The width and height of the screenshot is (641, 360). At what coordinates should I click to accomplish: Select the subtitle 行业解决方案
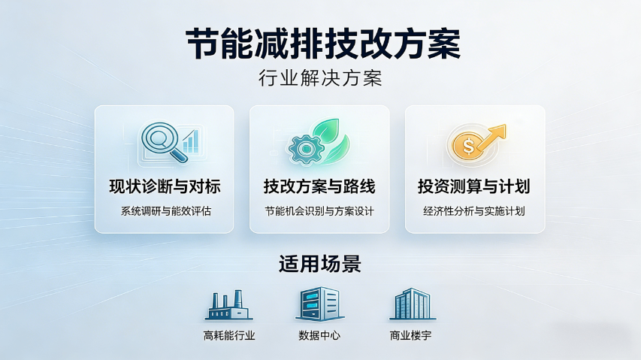pos(320,78)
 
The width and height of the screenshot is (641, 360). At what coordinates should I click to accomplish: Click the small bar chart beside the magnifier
pos(190,141)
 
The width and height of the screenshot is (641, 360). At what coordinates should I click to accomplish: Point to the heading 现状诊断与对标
pos(165,186)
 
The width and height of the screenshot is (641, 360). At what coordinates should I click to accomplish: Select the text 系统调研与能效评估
pos(165,210)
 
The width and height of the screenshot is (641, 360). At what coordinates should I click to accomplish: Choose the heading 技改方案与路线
pos(319,186)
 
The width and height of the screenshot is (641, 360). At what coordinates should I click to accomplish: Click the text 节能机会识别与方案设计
pos(319,210)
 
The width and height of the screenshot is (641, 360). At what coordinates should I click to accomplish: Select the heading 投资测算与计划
pos(474,186)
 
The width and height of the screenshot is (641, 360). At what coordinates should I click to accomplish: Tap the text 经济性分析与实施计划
pos(474,210)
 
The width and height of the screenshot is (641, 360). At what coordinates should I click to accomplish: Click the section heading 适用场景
pos(320,264)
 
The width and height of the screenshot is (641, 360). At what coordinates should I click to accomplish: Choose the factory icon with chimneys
pos(228,305)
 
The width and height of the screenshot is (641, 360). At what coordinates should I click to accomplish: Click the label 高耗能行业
pos(229,335)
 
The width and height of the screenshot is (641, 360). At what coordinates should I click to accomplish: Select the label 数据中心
pos(319,335)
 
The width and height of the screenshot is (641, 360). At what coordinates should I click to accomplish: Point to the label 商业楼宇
pos(410,335)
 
